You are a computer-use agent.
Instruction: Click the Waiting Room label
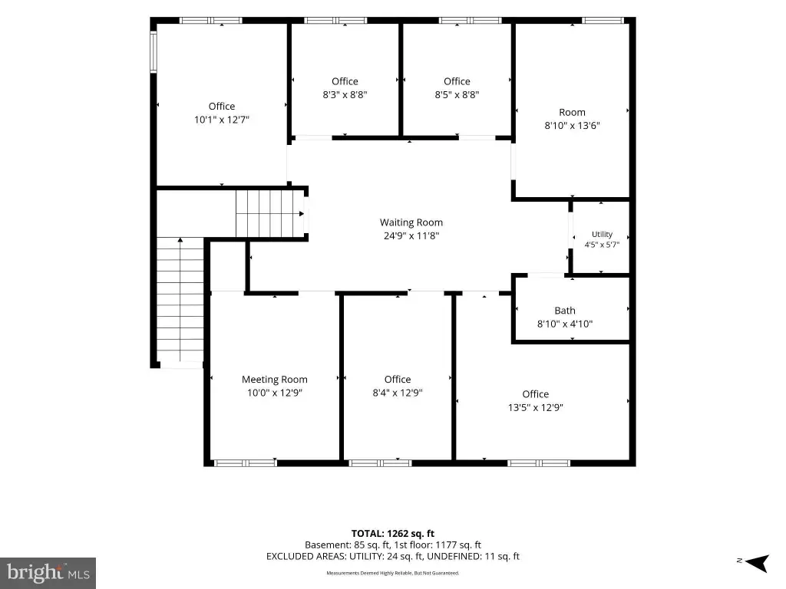[x=411, y=222]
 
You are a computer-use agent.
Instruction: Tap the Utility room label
[x=602, y=235]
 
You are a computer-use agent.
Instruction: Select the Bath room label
[x=565, y=311]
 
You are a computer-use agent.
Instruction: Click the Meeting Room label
[x=275, y=380]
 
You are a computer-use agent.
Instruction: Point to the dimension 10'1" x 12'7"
[x=222, y=120]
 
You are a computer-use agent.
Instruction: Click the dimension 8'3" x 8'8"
[x=345, y=94]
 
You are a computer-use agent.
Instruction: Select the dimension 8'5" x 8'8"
[x=457, y=94]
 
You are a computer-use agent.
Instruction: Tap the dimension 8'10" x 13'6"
[x=572, y=126]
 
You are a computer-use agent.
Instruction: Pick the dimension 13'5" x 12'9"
[x=535, y=408]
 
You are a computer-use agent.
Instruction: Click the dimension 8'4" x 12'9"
[x=398, y=393]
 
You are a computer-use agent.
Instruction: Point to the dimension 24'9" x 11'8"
[x=411, y=236]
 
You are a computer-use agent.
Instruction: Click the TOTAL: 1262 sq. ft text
[x=392, y=534]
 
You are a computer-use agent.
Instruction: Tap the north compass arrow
[x=757, y=563]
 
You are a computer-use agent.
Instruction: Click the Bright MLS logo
[x=48, y=573]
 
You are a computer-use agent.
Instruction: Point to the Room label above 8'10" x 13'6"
[x=572, y=113]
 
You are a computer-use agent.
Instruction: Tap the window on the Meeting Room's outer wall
[x=245, y=463]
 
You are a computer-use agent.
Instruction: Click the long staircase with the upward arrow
[x=180, y=300]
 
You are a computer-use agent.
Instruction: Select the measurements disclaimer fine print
[x=393, y=573]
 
